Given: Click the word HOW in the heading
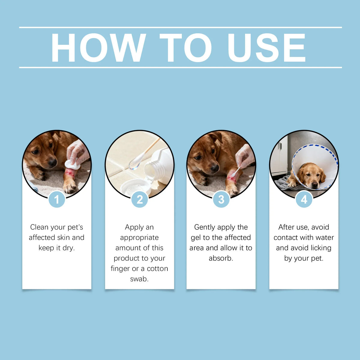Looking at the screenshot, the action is (98, 48).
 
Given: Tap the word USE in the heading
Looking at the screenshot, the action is (267, 48).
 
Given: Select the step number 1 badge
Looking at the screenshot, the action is (57, 199).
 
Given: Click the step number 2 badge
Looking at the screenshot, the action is (140, 199).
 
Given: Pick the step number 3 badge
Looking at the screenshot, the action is (221, 199).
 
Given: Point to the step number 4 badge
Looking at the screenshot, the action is (304, 199).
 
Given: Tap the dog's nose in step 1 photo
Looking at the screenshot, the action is (52, 162).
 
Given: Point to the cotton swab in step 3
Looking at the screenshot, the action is (236, 172).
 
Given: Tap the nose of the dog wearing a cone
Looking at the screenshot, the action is (315, 185).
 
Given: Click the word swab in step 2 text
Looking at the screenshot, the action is (139, 279).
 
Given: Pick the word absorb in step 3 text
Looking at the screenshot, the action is (221, 258).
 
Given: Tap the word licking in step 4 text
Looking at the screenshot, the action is (321, 248).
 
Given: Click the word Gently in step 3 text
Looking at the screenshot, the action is (205, 227).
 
